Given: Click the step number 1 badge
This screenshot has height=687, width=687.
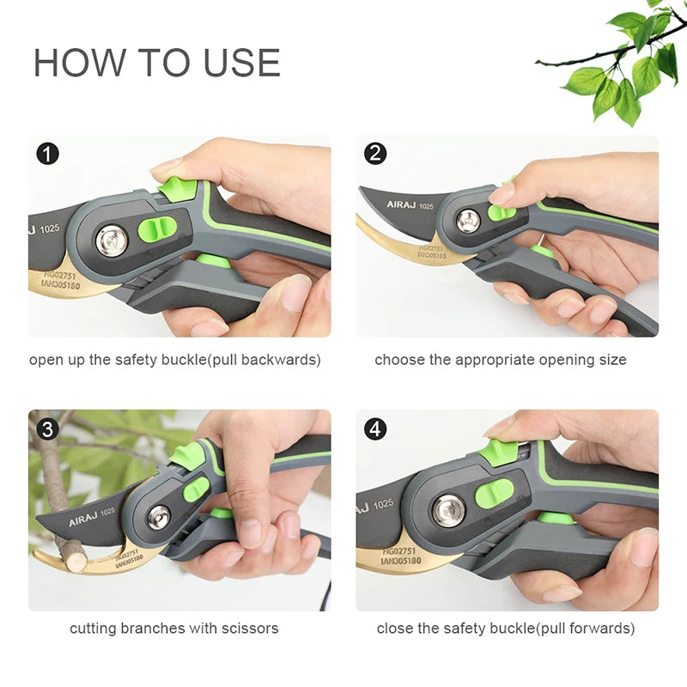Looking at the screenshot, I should [x=48, y=154].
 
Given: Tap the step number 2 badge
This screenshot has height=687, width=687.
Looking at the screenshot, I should [x=375, y=154].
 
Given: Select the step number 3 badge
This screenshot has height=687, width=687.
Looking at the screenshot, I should [x=48, y=428].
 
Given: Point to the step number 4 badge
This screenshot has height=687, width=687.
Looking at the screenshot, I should [x=375, y=428].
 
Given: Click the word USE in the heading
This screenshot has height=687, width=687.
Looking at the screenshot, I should [x=242, y=64].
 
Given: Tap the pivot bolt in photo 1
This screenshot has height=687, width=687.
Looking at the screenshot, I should [x=112, y=240].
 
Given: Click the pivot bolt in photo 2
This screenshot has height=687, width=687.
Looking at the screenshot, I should [x=468, y=220].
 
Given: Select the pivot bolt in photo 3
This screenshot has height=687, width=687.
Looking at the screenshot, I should [x=159, y=517].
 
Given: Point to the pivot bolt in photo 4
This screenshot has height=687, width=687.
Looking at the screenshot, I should [x=448, y=511].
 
